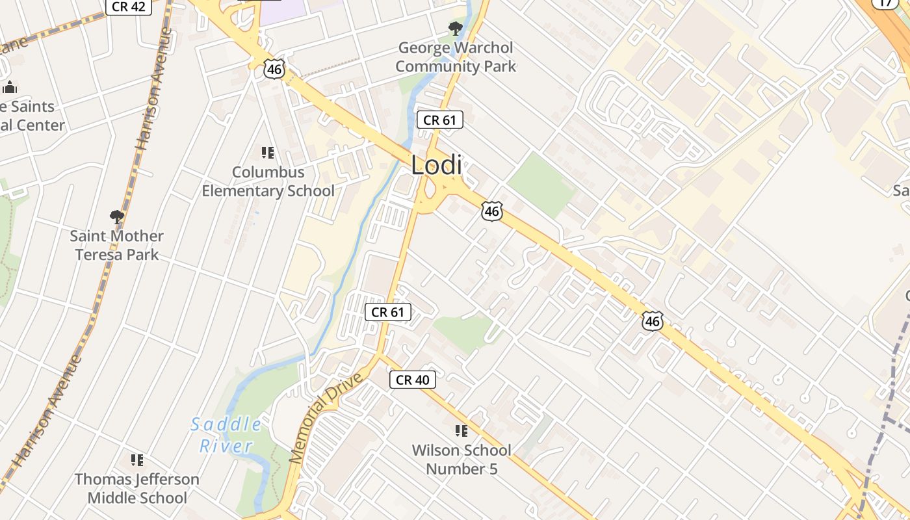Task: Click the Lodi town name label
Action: (436, 165)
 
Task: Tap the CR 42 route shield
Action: (129, 6)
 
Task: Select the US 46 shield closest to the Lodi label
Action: (492, 211)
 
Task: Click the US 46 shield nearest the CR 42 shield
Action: (274, 69)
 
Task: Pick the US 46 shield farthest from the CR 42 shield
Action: (653, 320)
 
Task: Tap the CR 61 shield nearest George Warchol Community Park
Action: (440, 120)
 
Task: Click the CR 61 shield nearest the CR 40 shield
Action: (388, 312)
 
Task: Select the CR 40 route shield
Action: (413, 380)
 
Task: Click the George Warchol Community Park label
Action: (456, 57)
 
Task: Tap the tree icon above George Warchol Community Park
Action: (456, 29)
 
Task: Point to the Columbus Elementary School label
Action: (268, 181)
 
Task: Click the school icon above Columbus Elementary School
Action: (267, 153)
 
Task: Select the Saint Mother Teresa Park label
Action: (117, 245)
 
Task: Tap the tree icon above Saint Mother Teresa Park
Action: (117, 216)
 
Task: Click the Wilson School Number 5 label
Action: (461, 460)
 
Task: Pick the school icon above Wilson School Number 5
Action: (461, 431)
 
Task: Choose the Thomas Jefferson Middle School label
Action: (137, 488)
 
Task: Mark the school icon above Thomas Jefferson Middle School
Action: (137, 460)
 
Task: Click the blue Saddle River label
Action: (226, 435)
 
